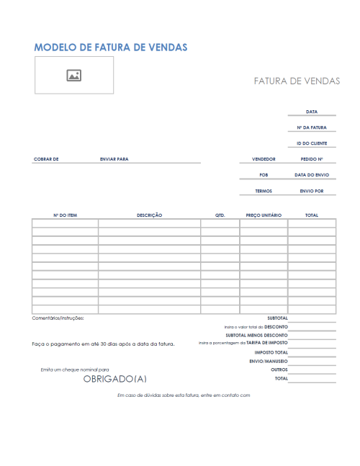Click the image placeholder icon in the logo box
click(73, 75)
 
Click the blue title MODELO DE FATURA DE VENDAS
click(111, 47)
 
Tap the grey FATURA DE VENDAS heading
click(297, 81)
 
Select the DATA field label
click(311, 112)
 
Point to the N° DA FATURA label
click(311, 127)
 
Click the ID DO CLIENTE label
click(311, 143)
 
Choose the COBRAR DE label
click(46, 159)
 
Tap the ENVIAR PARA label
click(114, 159)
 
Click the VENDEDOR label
click(264, 159)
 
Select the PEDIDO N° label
click(312, 159)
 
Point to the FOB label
click(264, 175)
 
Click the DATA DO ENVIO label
click(312, 175)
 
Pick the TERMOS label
click(264, 192)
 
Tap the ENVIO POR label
click(312, 192)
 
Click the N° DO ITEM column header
click(65, 215)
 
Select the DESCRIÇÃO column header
click(149, 215)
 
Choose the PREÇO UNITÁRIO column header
click(264, 215)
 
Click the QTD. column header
click(220, 215)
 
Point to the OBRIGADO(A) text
click(115, 378)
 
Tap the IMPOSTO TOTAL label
click(271, 352)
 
